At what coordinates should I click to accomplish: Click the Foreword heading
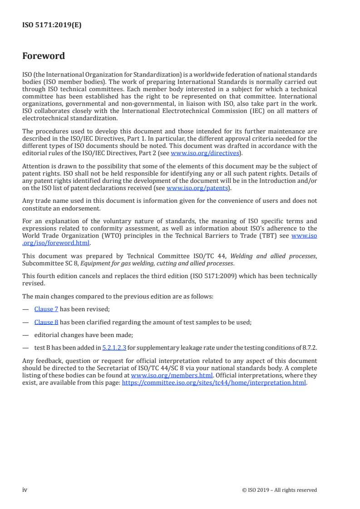click(x=44, y=56)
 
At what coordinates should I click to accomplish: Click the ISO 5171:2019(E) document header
click(x=52, y=25)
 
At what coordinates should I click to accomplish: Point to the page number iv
click(x=25, y=489)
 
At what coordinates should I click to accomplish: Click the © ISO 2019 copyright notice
click(x=279, y=490)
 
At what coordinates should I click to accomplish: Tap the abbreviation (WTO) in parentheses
click(x=105, y=235)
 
